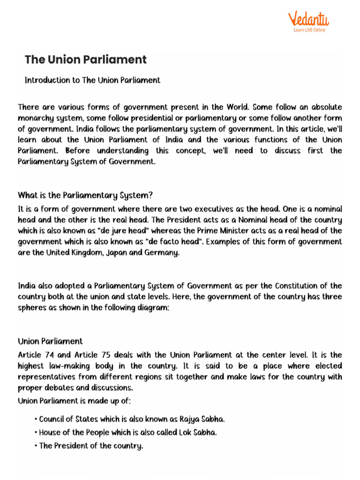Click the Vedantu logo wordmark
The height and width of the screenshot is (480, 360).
pyautogui.click(x=308, y=19)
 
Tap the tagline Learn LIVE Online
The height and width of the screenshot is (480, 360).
pyautogui.click(x=309, y=30)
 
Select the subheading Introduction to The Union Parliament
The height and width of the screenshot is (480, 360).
pyautogui.click(x=92, y=80)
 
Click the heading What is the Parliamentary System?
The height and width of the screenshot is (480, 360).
pyautogui.click(x=85, y=195)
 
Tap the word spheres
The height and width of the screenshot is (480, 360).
pyautogui.click(x=31, y=308)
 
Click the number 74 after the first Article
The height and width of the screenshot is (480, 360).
pyautogui.click(x=50, y=355)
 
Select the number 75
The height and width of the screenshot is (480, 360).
pyautogui.click(x=102, y=355)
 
